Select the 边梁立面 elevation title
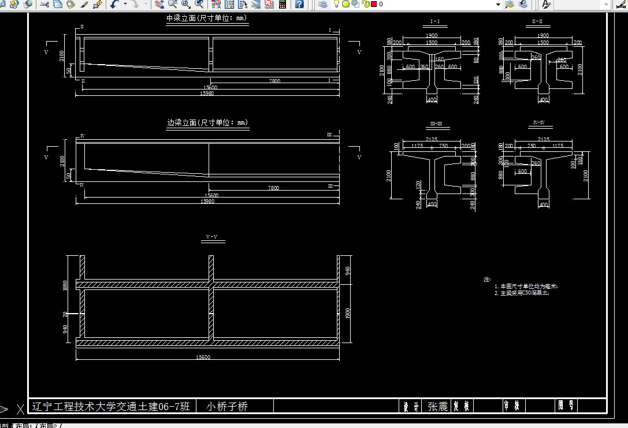click(x=181, y=122)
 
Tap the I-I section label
click(x=435, y=22)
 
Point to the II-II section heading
click(x=537, y=22)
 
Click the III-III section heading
click(x=436, y=124)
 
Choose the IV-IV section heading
click(x=538, y=123)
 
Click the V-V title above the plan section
click(x=212, y=237)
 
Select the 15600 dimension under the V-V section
click(x=203, y=358)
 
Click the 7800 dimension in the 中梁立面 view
click(x=274, y=81)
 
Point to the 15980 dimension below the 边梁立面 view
click(x=206, y=202)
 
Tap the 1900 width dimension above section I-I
click(x=431, y=36)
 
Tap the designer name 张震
click(x=437, y=407)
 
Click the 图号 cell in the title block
click(x=564, y=405)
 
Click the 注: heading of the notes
click(x=487, y=280)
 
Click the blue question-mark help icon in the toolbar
click(x=299, y=4)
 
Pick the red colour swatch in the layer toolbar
click(x=374, y=4)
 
